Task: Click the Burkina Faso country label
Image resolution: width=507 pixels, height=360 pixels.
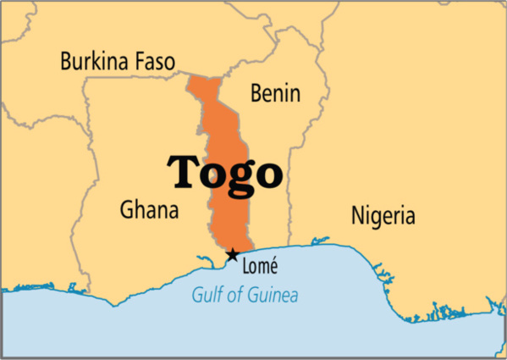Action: coord(118,61)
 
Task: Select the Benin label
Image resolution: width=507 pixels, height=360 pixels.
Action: coord(274,93)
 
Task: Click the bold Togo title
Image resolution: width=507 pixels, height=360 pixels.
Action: coord(224,171)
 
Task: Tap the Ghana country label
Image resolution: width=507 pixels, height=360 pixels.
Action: coord(149,209)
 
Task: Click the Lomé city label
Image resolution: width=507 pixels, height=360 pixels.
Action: coord(261,266)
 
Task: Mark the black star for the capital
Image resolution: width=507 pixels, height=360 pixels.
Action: coord(232,254)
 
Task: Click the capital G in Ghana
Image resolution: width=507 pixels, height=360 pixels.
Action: coord(127,209)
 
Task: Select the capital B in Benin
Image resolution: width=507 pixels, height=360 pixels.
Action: coord(256,93)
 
